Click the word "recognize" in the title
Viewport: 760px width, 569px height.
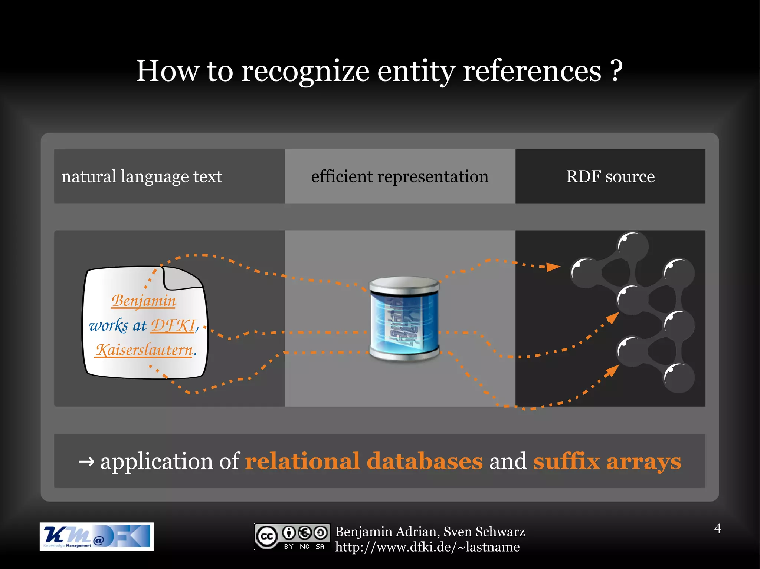click(x=305, y=71)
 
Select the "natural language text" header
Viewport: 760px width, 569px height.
click(x=141, y=176)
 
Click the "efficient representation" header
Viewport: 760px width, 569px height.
click(x=400, y=176)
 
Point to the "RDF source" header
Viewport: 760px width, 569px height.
click(x=610, y=176)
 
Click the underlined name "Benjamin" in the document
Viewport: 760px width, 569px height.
click(x=144, y=301)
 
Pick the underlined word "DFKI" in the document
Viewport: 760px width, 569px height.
click(x=173, y=326)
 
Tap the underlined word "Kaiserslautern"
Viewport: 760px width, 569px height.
click(x=144, y=350)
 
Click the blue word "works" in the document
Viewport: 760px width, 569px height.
click(x=108, y=326)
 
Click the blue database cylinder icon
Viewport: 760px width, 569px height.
click(x=404, y=319)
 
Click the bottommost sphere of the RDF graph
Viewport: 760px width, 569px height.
click(x=679, y=378)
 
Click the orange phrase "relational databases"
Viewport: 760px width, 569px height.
click(x=364, y=461)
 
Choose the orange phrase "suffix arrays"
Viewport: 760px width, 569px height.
click(x=607, y=461)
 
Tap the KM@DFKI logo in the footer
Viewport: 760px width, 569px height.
click(x=96, y=536)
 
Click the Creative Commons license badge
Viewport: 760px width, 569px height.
click(x=292, y=536)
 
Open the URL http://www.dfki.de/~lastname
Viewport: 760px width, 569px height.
click(x=427, y=547)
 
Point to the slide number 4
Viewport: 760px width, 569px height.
click(x=718, y=529)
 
